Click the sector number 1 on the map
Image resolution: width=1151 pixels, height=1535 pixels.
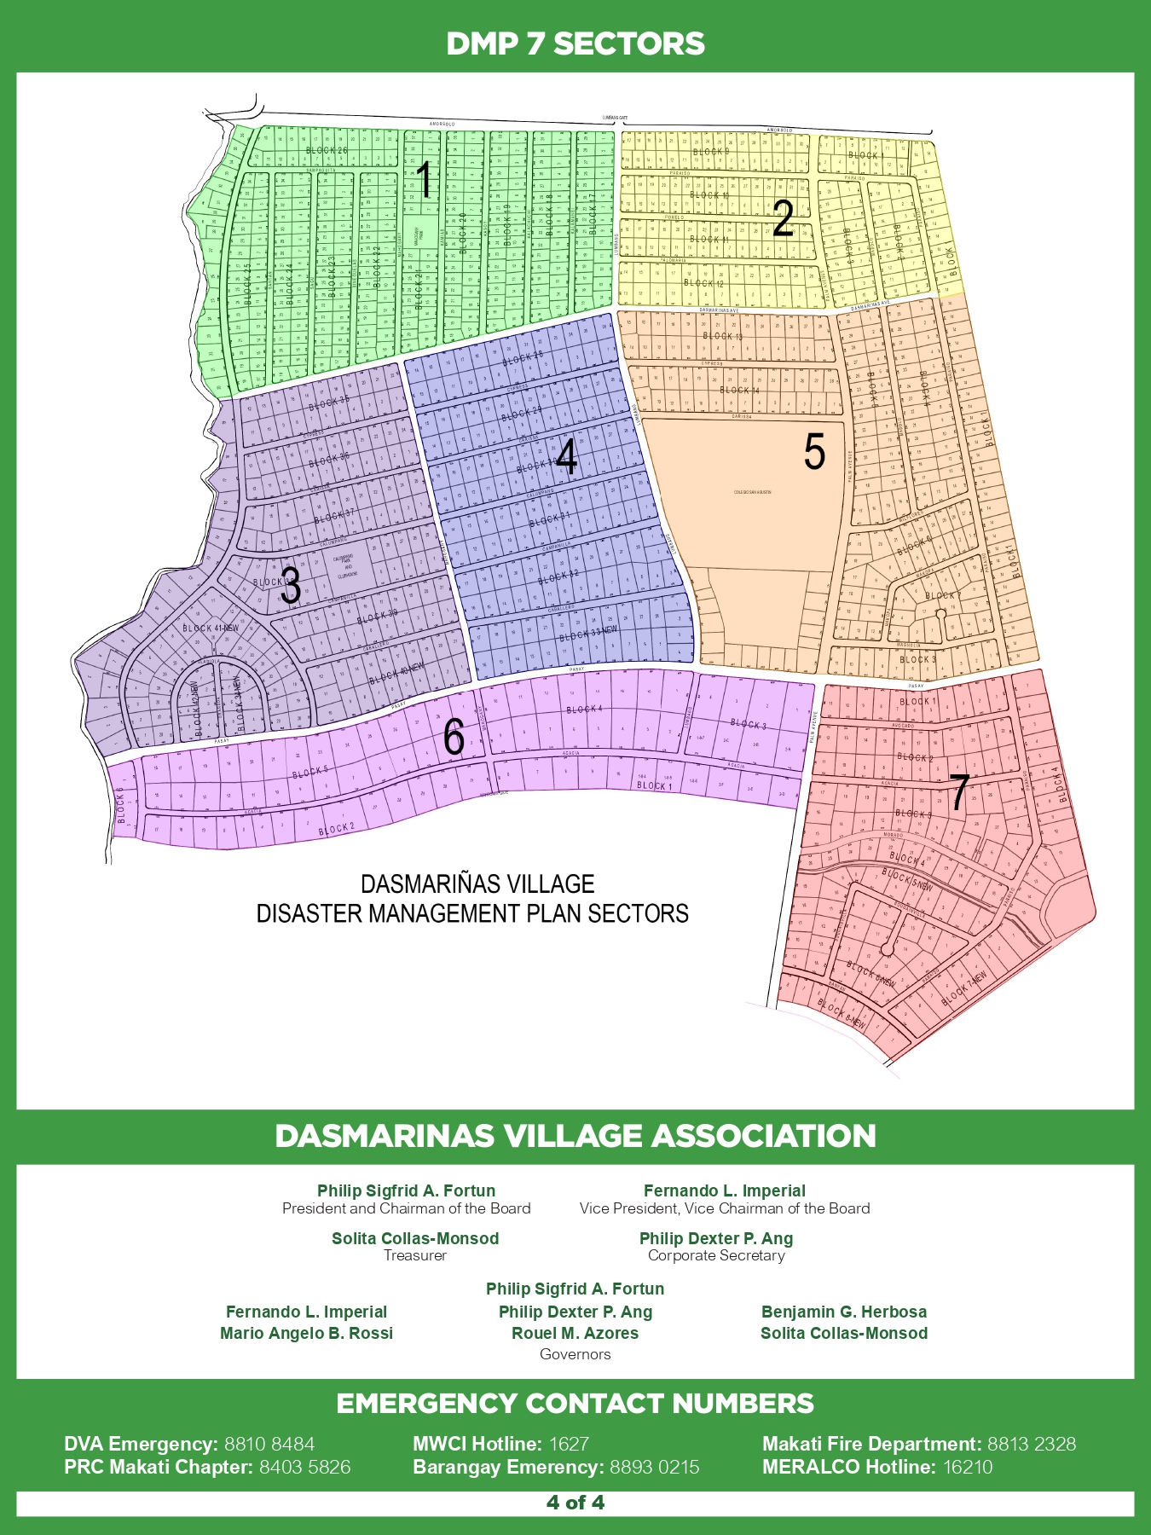click(x=424, y=182)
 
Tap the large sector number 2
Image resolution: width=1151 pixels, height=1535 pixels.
click(x=784, y=219)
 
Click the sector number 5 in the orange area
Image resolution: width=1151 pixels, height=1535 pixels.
click(x=814, y=452)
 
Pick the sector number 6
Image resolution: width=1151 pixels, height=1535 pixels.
click(x=454, y=737)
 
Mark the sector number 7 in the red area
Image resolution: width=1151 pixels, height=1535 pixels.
click(x=959, y=792)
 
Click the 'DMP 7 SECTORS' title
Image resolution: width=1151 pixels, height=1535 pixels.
click(x=575, y=43)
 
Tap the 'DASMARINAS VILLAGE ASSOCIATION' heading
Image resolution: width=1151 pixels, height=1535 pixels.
click(x=575, y=1136)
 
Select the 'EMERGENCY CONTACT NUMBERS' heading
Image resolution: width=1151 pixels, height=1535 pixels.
click(x=575, y=1404)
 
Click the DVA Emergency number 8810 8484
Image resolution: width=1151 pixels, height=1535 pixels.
click(x=269, y=1444)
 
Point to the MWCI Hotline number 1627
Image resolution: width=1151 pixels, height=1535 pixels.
click(x=569, y=1444)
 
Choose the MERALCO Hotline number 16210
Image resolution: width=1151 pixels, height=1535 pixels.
click(x=968, y=1467)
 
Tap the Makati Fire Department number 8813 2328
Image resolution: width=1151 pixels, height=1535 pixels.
click(x=1032, y=1444)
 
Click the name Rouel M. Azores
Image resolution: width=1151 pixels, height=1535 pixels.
click(x=575, y=1333)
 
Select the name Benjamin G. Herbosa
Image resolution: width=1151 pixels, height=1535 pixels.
click(x=844, y=1312)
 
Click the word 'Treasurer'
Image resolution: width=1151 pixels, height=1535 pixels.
click(x=415, y=1255)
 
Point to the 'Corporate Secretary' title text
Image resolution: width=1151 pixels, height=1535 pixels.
click(x=716, y=1255)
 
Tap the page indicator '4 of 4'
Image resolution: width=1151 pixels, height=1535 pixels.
click(x=575, y=1503)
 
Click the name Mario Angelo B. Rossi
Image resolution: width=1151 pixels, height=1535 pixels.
click(x=307, y=1333)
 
